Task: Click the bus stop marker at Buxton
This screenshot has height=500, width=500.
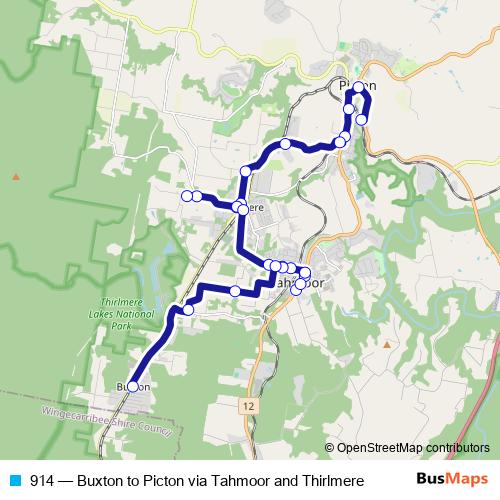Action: tap(133, 386)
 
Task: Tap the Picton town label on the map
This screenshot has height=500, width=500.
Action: tap(357, 86)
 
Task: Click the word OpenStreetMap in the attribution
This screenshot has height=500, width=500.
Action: tap(376, 448)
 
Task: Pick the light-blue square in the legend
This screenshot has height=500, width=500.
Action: tap(15, 480)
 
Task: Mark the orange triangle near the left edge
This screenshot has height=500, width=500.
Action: tap(15, 177)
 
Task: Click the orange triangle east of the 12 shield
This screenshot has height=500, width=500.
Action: tap(386, 345)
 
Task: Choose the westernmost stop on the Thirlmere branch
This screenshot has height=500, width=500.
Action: tap(186, 195)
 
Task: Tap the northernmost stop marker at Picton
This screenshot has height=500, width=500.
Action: tap(358, 87)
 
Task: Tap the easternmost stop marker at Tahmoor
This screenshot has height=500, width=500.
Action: tap(306, 273)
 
